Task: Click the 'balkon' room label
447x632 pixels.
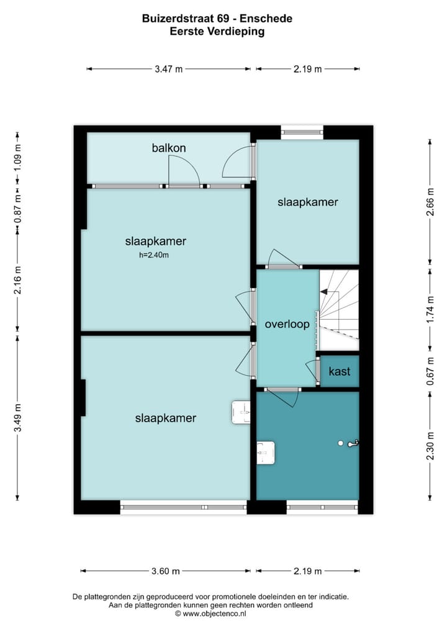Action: [169, 148]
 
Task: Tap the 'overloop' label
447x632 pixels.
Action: [287, 324]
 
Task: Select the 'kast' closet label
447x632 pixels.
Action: [340, 371]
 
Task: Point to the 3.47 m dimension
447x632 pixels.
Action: [169, 69]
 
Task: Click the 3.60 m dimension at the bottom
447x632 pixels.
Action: [166, 571]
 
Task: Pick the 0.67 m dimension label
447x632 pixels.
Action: [430, 371]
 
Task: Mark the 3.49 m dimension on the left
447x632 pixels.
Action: [18, 419]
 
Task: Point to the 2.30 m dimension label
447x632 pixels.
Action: [430, 445]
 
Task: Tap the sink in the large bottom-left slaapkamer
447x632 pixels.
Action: [241, 412]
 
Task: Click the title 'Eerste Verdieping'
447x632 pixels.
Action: [217, 32]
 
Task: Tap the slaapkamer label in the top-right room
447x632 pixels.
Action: [308, 202]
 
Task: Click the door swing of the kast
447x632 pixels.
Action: [311, 371]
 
